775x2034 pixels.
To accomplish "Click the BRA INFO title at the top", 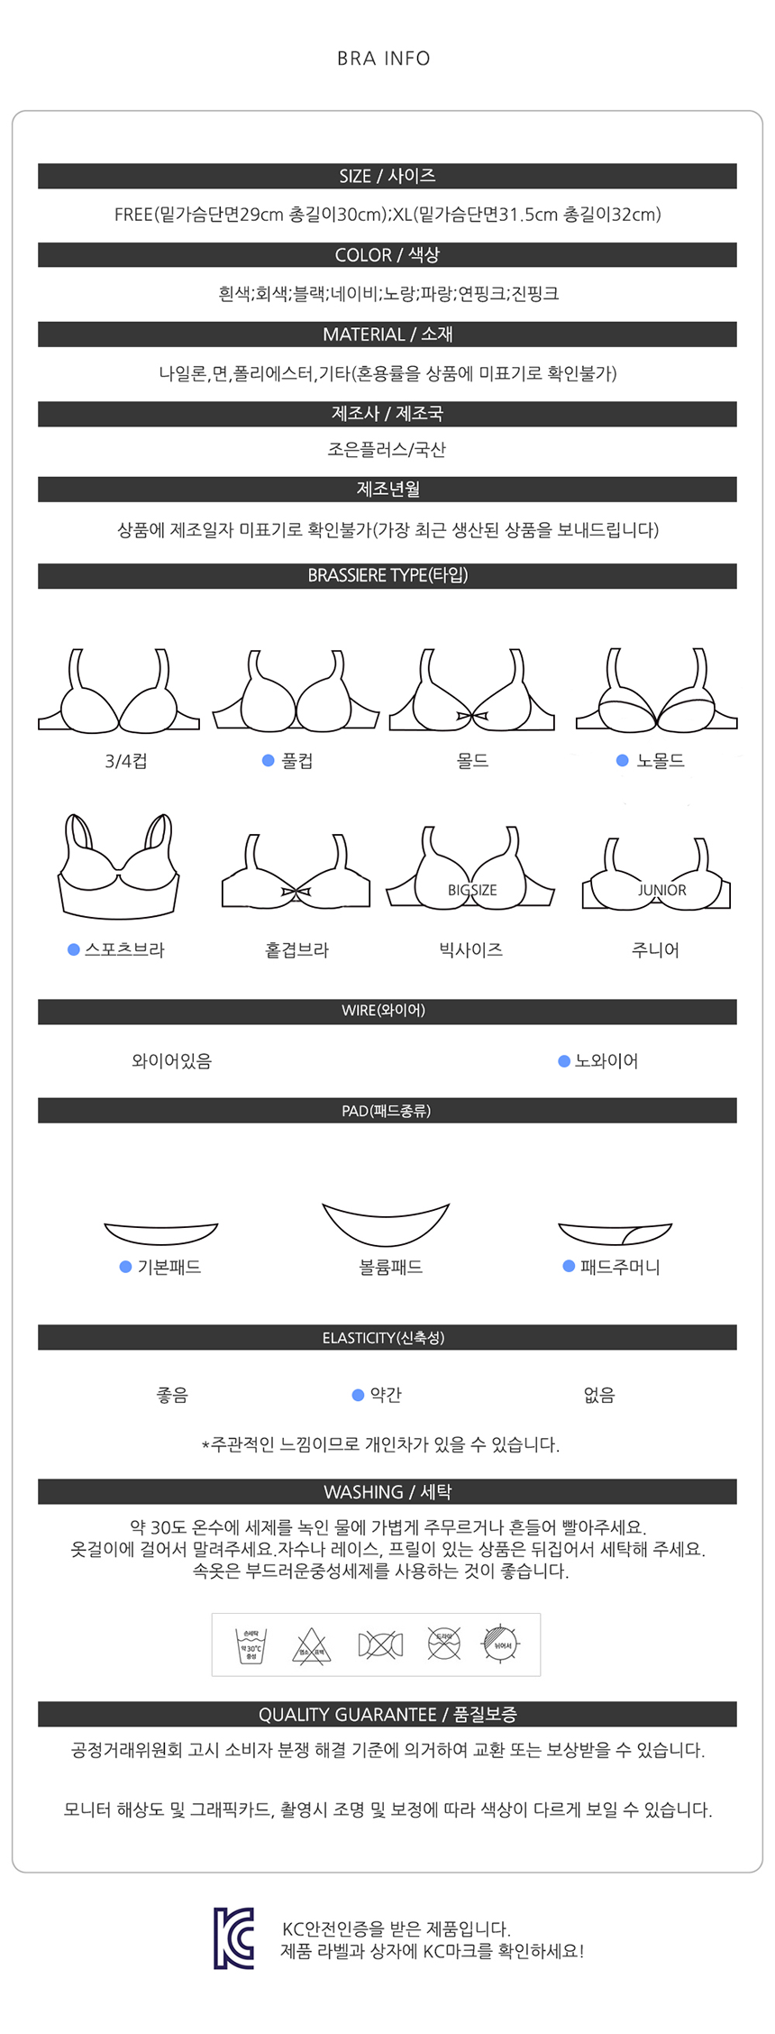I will point(384,59).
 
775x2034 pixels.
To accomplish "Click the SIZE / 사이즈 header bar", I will point(387,176).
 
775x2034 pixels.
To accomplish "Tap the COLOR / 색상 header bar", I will point(387,255).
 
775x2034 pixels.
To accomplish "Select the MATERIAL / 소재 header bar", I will point(387,334).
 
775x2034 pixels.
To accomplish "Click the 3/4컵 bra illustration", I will point(118,692).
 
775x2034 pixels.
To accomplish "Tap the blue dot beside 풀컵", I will point(268,761).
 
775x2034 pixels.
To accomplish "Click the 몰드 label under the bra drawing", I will point(472,761).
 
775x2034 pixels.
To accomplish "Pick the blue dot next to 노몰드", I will point(622,761).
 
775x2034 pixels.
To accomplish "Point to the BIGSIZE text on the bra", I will point(472,890).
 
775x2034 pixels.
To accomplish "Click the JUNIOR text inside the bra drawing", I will point(662,890).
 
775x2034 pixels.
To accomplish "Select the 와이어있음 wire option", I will point(171,1061).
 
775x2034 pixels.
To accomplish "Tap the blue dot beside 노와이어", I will point(564,1061).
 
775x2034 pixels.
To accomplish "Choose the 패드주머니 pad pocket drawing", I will point(615,1232).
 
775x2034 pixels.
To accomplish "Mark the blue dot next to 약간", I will point(358,1395).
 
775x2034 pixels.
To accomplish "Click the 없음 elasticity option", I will point(599,1395).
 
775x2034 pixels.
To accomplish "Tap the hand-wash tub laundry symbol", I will point(251,1645).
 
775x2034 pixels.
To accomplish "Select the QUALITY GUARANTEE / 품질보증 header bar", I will point(387,1714).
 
